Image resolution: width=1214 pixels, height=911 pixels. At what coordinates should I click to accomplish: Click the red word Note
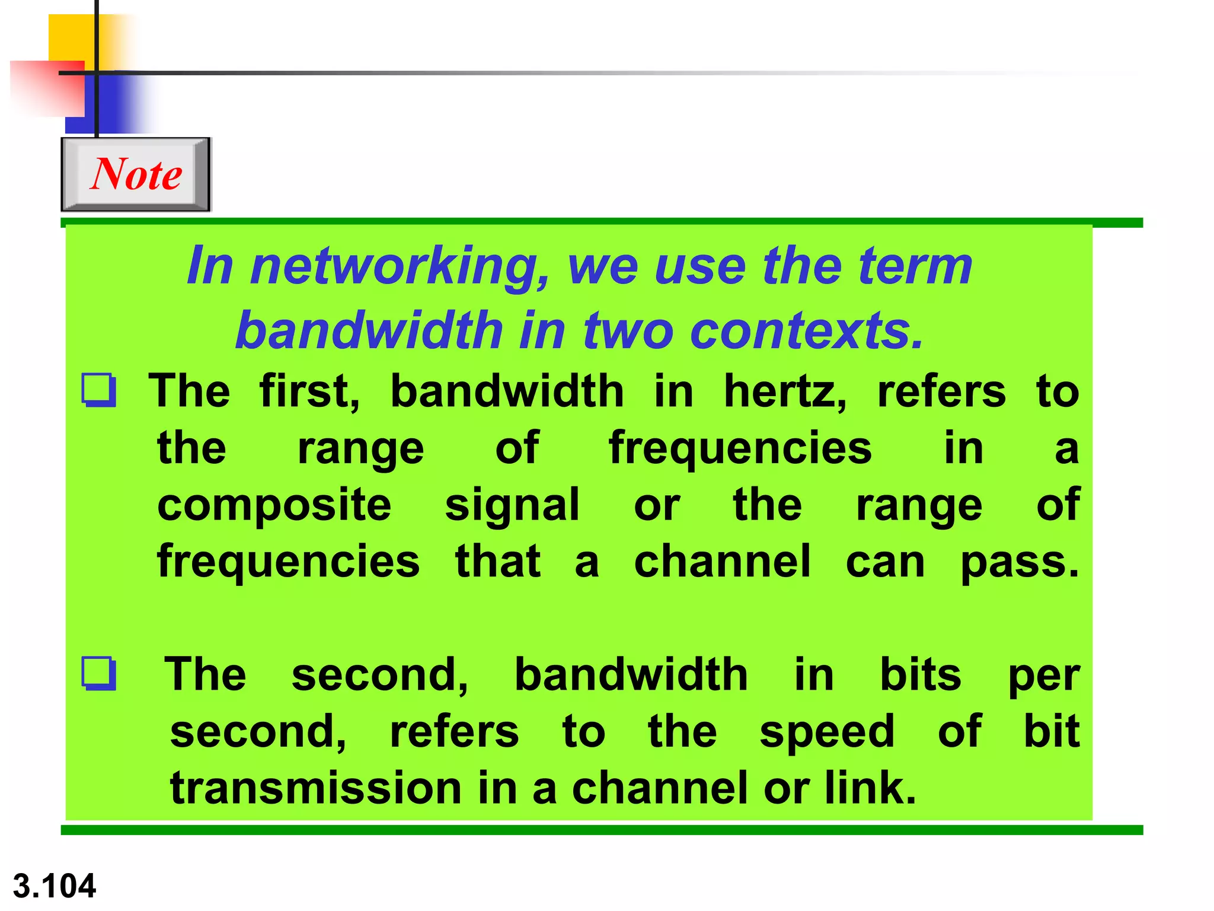(x=136, y=174)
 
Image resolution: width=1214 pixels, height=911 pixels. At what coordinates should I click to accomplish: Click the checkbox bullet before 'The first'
(x=98, y=390)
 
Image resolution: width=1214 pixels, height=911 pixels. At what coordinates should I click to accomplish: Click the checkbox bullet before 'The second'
(x=98, y=673)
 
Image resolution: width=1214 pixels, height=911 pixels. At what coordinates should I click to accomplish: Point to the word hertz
(x=785, y=391)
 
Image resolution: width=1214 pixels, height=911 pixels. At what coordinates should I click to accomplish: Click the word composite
(x=274, y=505)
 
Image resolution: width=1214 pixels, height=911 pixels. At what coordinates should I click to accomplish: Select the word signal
(x=512, y=505)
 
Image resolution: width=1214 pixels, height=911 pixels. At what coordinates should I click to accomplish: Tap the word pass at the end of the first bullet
(x=1019, y=562)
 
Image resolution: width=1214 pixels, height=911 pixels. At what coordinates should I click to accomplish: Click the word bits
(x=921, y=675)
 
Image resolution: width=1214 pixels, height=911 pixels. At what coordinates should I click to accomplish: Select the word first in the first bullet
(x=309, y=391)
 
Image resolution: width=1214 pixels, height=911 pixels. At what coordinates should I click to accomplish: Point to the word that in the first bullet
(x=498, y=562)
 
